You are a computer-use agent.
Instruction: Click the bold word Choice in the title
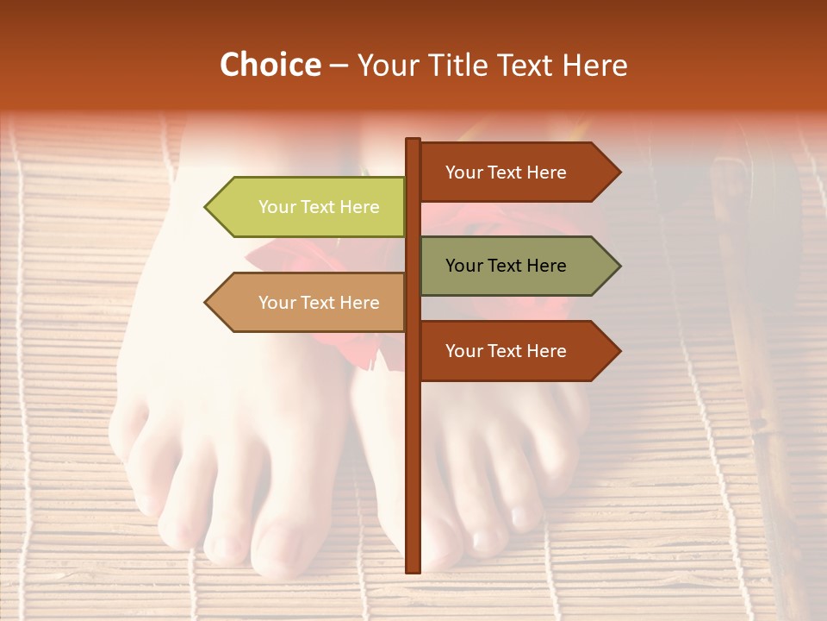click(270, 66)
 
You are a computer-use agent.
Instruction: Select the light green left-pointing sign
click(310, 207)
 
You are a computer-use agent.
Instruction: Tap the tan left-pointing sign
click(310, 303)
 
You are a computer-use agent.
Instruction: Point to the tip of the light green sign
click(208, 207)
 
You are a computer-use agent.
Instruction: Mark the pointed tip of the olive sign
click(618, 266)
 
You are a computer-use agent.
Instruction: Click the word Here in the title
click(596, 66)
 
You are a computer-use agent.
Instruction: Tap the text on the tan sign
click(319, 303)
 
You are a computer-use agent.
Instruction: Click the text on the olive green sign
click(506, 266)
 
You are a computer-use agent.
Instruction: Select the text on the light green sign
click(319, 207)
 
